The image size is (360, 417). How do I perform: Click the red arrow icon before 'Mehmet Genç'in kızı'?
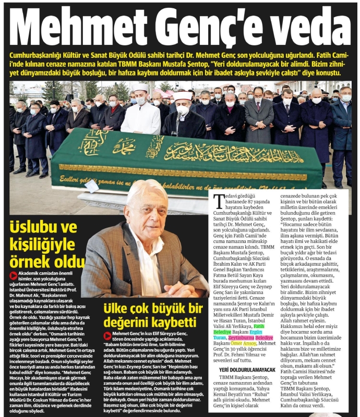click(107, 336)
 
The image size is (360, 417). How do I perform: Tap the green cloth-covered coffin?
click(172, 156)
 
